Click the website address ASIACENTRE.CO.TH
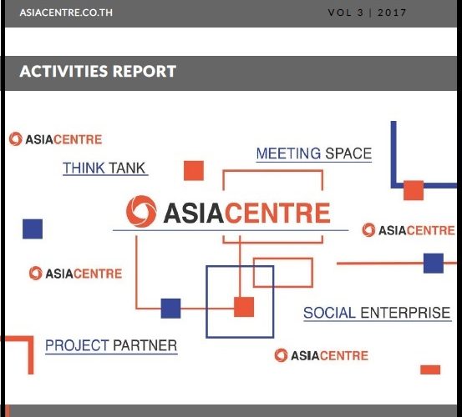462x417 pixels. point(66,13)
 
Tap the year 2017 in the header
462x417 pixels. point(392,13)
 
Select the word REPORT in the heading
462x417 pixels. point(145,71)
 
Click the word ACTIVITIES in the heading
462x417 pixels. point(63,71)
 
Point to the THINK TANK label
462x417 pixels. point(104,168)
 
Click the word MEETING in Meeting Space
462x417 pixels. point(288,153)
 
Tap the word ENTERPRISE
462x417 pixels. point(405,313)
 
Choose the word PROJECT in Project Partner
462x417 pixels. point(77,345)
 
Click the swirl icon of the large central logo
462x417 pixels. point(141,212)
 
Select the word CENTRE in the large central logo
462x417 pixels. point(277,213)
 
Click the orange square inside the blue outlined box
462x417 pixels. point(244,307)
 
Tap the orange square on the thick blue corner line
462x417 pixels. point(414,190)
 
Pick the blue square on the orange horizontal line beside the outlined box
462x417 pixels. point(170,309)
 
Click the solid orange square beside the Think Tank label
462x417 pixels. point(194,171)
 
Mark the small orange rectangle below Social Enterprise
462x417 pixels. point(430,369)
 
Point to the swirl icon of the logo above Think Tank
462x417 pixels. point(16,138)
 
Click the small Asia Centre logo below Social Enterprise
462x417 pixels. point(322,355)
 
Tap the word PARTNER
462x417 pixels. point(145,345)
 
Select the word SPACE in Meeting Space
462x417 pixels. point(348,153)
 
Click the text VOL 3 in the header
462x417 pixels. point(346,13)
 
